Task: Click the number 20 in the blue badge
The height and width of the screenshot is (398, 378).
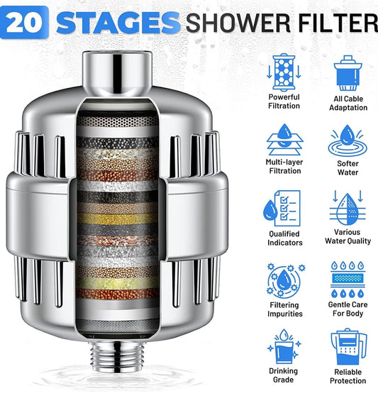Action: point(24,23)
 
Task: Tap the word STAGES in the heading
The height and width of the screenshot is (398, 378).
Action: point(118,23)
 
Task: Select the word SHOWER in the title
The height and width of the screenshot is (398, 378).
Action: point(238,23)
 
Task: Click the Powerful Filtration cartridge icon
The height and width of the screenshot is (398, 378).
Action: point(284,72)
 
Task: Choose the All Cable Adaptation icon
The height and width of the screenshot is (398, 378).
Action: point(348,73)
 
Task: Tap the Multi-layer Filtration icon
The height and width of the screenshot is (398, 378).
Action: point(284,139)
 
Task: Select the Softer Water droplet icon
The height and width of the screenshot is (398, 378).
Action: point(348,141)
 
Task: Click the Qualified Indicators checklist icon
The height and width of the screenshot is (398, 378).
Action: point(282,208)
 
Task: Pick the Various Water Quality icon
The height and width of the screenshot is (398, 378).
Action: point(348,207)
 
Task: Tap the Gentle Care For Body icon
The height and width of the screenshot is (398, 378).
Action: point(348,280)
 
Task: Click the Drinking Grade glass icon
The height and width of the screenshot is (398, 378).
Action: point(284,347)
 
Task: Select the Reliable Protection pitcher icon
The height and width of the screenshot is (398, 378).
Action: point(349,347)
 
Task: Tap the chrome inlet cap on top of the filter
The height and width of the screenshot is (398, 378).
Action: point(117,74)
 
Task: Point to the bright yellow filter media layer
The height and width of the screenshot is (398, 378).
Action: point(117,219)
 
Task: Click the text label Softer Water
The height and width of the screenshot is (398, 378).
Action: point(348,168)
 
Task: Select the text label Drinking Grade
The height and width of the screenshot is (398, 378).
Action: point(284,375)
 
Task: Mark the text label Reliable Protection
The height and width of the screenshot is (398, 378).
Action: point(348,376)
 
